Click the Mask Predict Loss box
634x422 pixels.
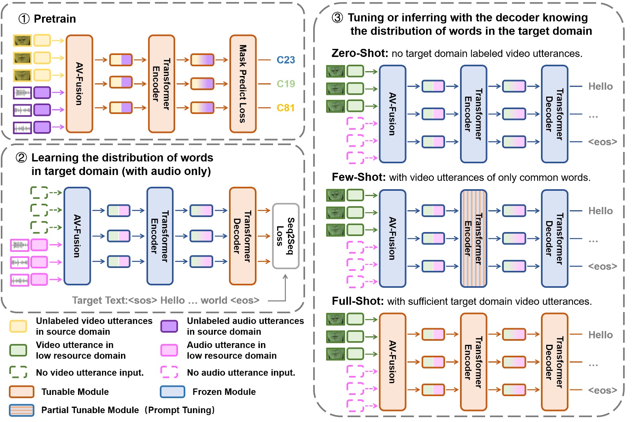[243, 84]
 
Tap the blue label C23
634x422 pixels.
[286, 60]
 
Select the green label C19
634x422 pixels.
[286, 84]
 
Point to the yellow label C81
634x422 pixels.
[286, 108]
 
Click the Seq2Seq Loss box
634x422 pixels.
[286, 236]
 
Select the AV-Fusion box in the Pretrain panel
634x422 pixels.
[79, 84]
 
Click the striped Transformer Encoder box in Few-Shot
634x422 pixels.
[473, 238]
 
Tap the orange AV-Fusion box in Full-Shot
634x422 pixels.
[392, 362]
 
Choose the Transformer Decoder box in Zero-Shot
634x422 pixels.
[554, 114]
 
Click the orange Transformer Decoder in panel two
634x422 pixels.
[242, 236]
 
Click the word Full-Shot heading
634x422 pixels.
[357, 301]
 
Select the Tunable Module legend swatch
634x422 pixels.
[21, 392]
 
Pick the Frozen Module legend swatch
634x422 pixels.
[173, 392]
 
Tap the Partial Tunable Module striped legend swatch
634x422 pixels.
[21, 410]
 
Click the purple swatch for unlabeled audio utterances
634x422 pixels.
[169, 326]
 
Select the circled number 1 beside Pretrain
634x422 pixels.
[24, 19]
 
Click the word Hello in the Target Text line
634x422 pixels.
[172, 300]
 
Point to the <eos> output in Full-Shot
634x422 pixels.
[602, 390]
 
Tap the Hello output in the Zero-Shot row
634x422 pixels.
[600, 87]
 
